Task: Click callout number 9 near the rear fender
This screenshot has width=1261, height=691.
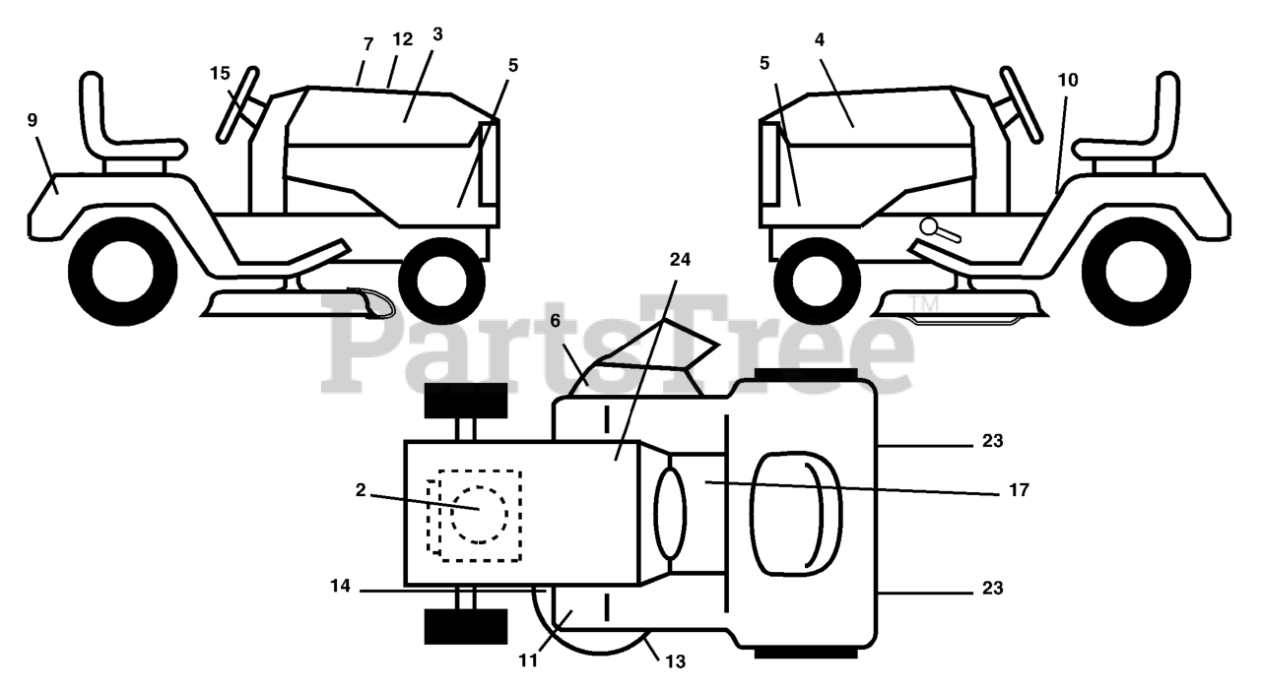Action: [33, 120]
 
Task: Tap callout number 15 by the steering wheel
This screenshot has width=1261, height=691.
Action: [220, 73]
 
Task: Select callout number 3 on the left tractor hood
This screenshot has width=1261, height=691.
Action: [437, 34]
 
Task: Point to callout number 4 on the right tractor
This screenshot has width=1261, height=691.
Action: [820, 39]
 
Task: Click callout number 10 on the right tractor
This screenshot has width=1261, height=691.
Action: [1068, 81]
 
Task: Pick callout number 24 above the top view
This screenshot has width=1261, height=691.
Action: [680, 260]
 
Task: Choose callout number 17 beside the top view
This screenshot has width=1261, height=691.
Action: [1019, 489]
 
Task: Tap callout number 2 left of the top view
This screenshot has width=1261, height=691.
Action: [361, 490]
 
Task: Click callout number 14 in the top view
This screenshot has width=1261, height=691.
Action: [340, 586]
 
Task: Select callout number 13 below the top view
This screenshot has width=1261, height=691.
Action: [676, 662]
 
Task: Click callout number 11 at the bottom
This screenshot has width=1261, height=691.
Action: [529, 660]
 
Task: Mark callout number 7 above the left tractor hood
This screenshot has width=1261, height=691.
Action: [368, 44]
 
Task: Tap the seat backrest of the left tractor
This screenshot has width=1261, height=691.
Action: [94, 108]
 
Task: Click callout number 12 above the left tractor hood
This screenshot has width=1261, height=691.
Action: [401, 40]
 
